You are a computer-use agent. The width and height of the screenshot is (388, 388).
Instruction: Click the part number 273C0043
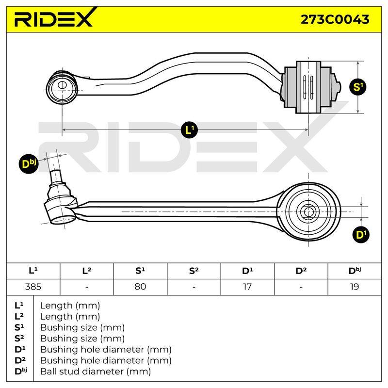(x=335, y=19)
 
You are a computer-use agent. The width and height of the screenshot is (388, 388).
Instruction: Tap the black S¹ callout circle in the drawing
(x=358, y=87)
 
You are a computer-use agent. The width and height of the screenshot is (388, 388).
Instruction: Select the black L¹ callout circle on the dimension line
(x=190, y=129)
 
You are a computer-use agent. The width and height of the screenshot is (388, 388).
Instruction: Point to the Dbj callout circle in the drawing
(x=29, y=164)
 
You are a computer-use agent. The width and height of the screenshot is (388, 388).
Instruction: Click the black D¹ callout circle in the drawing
(x=361, y=234)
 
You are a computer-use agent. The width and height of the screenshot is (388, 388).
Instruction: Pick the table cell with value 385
(x=33, y=287)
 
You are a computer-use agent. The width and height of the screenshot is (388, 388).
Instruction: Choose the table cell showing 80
(x=140, y=287)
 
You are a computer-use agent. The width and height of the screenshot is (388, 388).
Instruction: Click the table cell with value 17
(x=247, y=287)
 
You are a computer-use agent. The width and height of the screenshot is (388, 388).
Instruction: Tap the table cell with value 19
(x=355, y=287)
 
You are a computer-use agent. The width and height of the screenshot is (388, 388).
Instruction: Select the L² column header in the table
(x=87, y=271)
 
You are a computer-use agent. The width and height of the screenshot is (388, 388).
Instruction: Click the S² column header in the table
(x=194, y=271)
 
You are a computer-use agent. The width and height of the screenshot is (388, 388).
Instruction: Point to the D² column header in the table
(x=301, y=271)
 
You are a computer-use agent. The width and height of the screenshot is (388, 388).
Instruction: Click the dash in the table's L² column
(x=87, y=287)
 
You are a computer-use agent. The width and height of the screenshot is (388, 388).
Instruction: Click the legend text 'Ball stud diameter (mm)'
(x=96, y=372)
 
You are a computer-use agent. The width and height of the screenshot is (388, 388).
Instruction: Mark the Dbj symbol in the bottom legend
(x=20, y=371)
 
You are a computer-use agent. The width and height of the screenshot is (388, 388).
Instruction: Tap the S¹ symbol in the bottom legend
(x=20, y=327)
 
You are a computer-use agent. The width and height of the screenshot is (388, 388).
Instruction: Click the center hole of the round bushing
(x=308, y=212)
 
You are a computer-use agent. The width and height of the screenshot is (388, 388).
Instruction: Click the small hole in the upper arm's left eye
(x=62, y=85)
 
